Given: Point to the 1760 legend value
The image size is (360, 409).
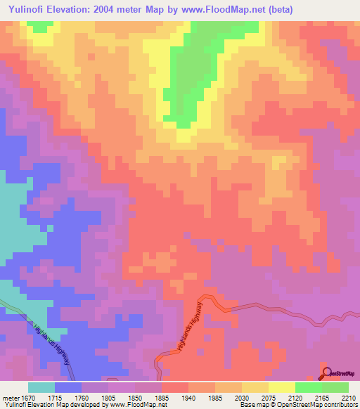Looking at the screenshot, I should tap(91, 398).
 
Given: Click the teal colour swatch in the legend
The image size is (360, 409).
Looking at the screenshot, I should tap(41, 387).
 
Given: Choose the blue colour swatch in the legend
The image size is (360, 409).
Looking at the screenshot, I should tap(68, 387).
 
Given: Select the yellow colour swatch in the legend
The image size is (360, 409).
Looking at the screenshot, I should tap(282, 387).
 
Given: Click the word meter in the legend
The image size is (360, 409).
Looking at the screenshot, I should tap(11, 398).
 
